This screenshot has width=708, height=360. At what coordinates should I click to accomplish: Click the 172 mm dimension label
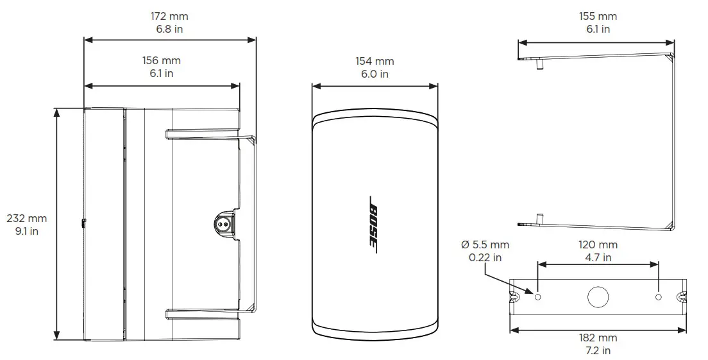click(x=169, y=16)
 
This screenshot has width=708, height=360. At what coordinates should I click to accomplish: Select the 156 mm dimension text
click(x=161, y=61)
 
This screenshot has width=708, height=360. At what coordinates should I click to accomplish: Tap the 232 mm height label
click(x=26, y=219)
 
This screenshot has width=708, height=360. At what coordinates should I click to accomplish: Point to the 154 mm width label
click(x=375, y=62)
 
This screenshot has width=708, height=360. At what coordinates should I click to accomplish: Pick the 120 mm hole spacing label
click(x=598, y=245)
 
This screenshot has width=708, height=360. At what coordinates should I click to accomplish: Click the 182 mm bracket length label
click(x=598, y=338)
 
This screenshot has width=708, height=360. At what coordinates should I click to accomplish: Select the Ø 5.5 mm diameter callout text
click(x=485, y=245)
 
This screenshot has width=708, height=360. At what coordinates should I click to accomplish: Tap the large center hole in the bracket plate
click(x=598, y=297)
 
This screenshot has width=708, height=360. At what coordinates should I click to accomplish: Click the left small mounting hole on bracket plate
click(x=538, y=297)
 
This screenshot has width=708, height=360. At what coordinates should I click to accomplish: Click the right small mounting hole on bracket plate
click(x=659, y=297)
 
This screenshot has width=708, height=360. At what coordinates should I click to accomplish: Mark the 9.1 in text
click(x=26, y=231)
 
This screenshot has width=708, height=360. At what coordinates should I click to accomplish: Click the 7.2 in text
click(x=598, y=350)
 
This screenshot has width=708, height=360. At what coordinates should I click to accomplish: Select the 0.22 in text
click(x=485, y=257)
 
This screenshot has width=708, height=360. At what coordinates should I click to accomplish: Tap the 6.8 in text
click(x=169, y=29)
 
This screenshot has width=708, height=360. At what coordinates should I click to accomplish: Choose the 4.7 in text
click(x=598, y=257)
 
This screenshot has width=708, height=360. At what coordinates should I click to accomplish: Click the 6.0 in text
click(x=375, y=74)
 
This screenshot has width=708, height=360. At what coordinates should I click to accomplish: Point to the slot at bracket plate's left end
click(x=514, y=297)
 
